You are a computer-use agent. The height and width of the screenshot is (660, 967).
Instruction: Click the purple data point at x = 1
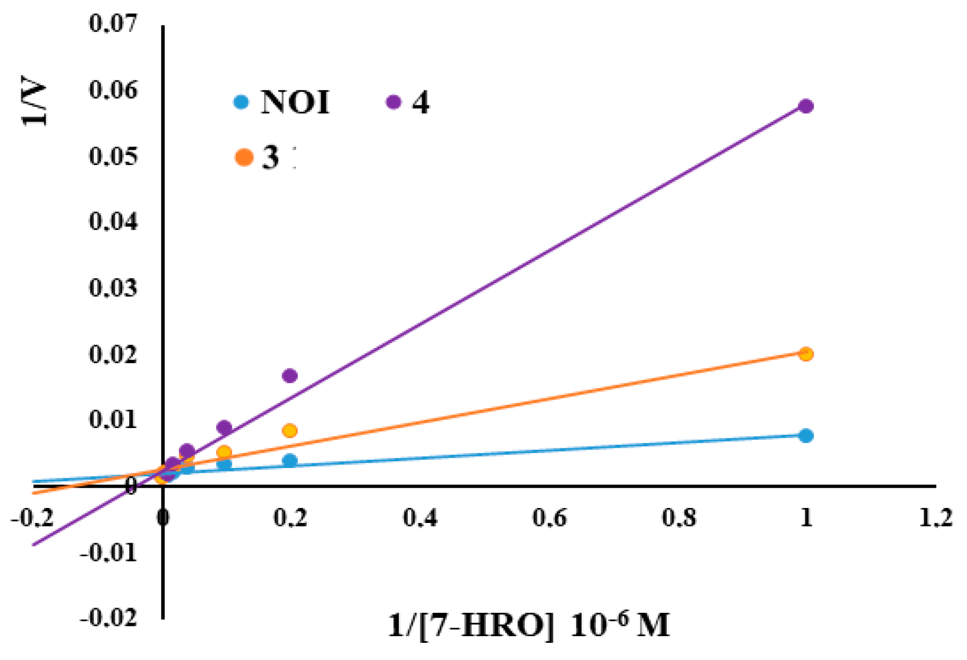[806, 106]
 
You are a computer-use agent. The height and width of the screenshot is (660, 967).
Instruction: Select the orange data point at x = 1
[806, 354]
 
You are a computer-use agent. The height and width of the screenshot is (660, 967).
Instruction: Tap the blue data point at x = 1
[806, 436]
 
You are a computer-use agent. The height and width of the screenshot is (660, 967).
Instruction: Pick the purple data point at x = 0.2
[290, 376]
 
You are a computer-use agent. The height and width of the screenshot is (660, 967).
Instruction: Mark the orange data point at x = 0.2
[290, 431]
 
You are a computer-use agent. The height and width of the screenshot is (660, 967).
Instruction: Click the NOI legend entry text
[295, 102]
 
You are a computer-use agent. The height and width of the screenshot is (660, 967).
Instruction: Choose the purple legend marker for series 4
[394, 102]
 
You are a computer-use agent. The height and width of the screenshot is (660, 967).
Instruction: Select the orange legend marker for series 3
[244, 157]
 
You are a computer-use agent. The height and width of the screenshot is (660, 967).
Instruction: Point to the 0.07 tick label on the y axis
[114, 23]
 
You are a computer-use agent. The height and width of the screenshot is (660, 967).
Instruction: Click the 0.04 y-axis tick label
[114, 222]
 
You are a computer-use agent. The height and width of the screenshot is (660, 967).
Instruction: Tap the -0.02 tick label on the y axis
[109, 618]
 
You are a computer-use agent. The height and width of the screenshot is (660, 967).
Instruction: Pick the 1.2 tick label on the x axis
[935, 518]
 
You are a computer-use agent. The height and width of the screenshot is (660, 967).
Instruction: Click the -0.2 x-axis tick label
[32, 518]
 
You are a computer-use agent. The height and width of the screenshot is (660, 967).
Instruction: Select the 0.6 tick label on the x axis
[549, 518]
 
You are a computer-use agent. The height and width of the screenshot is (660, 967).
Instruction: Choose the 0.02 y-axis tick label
[114, 354]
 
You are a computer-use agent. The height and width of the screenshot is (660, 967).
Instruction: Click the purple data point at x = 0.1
[224, 428]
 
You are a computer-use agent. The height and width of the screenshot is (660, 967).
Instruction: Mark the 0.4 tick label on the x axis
[420, 518]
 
